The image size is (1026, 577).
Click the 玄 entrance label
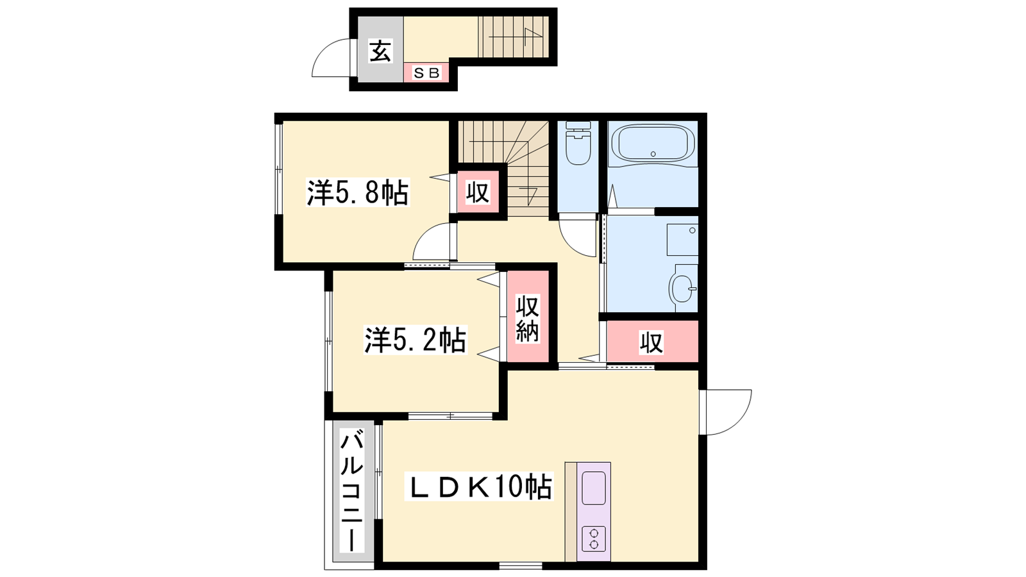(x=381, y=51)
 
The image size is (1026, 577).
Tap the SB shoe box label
(x=426, y=73)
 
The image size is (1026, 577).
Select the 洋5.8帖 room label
(x=357, y=193)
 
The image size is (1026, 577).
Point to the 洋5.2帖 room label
(x=415, y=340)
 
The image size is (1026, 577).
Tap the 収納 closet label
(x=528, y=318)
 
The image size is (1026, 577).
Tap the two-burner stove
(x=594, y=539)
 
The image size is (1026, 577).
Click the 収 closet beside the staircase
(x=478, y=192)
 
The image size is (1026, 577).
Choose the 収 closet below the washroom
(x=652, y=342)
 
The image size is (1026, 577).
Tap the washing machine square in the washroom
(x=682, y=240)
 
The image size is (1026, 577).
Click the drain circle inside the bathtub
(x=653, y=154)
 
